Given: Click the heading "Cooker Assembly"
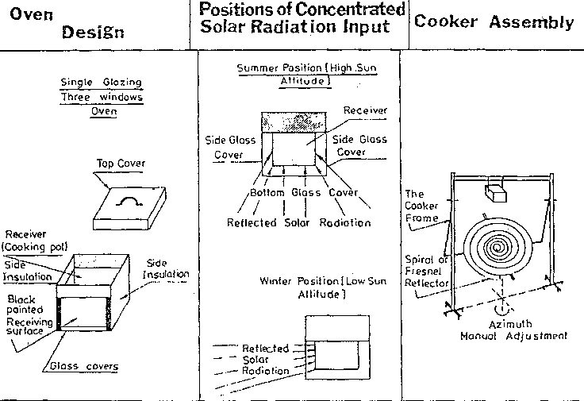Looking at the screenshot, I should coord(494,22).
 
